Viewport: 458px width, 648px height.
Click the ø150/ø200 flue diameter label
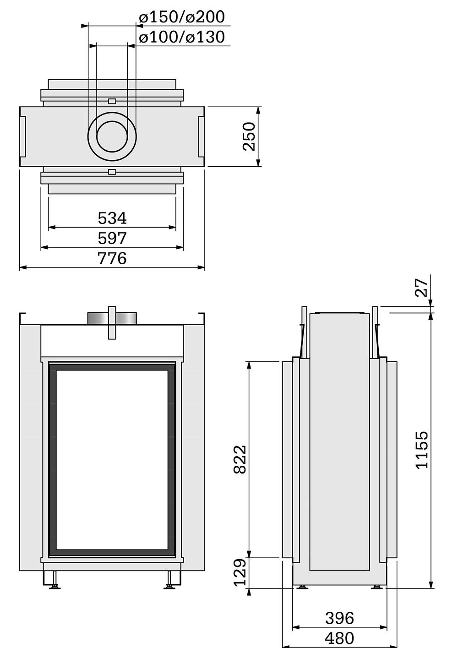tap(182, 17)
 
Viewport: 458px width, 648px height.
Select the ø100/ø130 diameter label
tap(182, 37)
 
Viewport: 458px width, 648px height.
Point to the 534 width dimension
tap(112, 218)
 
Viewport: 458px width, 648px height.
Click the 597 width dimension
tap(112, 239)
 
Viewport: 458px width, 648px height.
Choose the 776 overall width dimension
tap(112, 259)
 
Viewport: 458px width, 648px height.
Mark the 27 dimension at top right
tap(422, 287)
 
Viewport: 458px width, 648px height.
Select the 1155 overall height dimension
tap(422, 450)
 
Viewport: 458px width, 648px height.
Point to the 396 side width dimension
tap(339, 618)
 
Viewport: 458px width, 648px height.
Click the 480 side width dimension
tap(339, 638)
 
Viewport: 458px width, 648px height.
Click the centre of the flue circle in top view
tap(112, 137)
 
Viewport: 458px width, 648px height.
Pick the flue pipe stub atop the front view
tap(112, 318)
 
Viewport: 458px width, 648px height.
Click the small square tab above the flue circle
tap(112, 101)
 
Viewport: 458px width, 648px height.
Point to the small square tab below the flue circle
tap(112, 172)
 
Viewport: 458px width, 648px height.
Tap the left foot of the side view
tap(302, 587)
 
